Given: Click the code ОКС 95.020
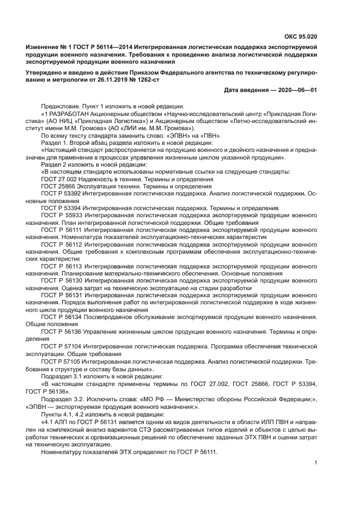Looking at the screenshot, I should tap(301, 38).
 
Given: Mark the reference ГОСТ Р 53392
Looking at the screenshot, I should tap(60, 194).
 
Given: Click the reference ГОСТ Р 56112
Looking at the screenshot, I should tap(60, 246).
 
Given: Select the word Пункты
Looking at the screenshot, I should tap(52, 415).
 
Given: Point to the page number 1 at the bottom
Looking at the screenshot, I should tap(316, 463).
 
